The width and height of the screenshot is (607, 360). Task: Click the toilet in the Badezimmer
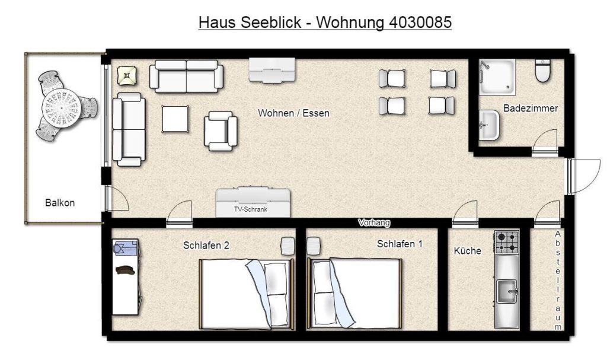(x=543, y=70)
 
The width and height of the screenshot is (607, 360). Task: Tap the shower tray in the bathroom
(x=497, y=77)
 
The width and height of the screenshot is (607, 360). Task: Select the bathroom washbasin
(x=489, y=125)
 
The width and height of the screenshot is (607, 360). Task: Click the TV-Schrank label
(x=251, y=209)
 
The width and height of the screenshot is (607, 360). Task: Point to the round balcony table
(x=62, y=106)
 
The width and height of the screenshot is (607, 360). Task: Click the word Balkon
(x=60, y=203)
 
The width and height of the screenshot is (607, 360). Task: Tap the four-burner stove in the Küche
(x=507, y=242)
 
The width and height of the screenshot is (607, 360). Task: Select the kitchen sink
(x=507, y=291)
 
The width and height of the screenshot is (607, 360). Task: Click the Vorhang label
(x=374, y=222)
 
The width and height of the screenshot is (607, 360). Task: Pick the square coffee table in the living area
(x=175, y=119)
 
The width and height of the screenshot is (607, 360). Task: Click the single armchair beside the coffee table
(x=221, y=131)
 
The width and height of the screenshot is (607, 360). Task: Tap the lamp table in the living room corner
(x=127, y=75)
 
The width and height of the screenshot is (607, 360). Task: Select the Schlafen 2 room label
(x=206, y=246)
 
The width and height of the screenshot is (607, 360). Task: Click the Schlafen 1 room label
(x=400, y=244)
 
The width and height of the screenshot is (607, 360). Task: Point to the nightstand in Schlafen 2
(x=287, y=246)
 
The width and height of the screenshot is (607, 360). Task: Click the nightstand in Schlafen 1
(x=313, y=246)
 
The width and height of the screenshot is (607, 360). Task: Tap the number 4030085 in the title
(x=420, y=22)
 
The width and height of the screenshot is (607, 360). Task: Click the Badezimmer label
(x=531, y=108)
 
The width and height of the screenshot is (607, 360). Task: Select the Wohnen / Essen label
(x=293, y=113)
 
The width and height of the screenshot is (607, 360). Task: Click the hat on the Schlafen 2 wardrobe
(x=126, y=270)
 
